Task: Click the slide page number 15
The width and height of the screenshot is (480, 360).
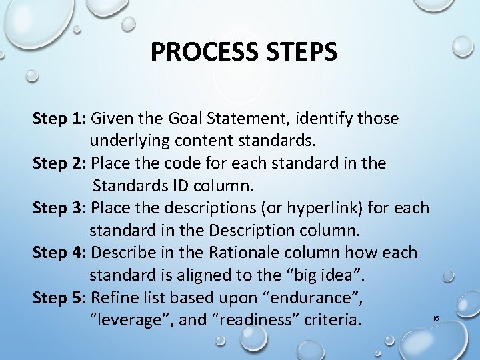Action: click(x=436, y=319)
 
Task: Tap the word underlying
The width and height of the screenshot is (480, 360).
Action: click(x=129, y=141)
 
